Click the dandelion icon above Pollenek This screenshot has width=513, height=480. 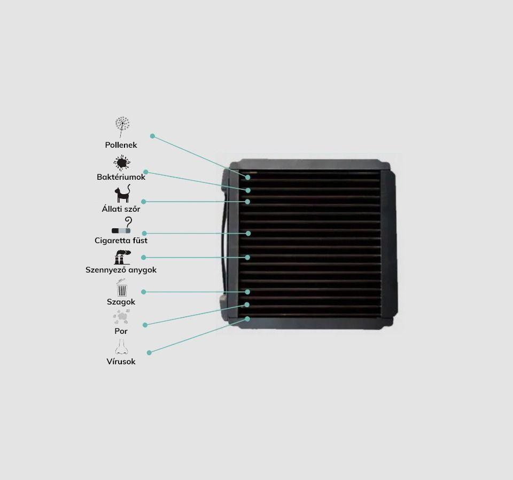pos(122,127)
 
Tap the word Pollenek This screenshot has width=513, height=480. pos(121,145)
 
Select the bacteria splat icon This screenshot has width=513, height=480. pos(122,163)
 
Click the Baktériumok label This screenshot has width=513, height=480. pos(121,177)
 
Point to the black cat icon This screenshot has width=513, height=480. pos(122,194)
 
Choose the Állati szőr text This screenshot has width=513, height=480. pos(121,209)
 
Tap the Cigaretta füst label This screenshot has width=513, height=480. pos(121,241)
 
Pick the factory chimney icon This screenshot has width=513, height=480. pos(122,257)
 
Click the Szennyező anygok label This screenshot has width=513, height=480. pos(121,270)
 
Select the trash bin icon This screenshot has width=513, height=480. pos(122,287)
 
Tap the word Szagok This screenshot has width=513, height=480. pos(121,302)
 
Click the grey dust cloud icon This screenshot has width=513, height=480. pos(121,316)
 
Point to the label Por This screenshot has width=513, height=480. pos(121,331)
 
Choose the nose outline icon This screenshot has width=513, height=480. pos(121,347)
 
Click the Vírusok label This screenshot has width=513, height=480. pos(121,362)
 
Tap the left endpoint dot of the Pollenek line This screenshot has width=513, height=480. pos(152,136)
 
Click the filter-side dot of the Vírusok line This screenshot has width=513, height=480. pos(247,319)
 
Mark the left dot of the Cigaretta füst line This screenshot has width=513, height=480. pos(144,233)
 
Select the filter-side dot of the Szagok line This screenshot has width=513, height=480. pos(247,292)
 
